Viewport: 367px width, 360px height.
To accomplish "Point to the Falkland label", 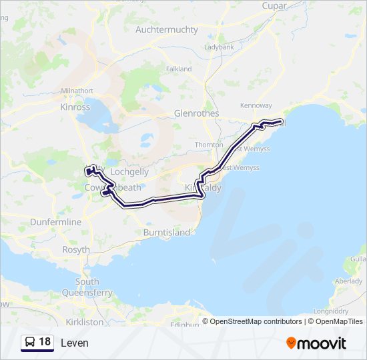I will pos(178,69).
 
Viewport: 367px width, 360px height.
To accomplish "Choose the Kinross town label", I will pos(75,107).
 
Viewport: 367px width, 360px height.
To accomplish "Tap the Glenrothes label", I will pos(196,113).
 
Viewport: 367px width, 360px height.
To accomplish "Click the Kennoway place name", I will pos(256,105).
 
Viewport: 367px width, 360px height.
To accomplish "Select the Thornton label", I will pos(209,145).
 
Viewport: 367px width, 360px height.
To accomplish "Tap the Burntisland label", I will pos(162,233).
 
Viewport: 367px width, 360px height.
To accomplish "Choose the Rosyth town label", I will pos(75,250).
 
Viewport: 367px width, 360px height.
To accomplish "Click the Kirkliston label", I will pos(85,321).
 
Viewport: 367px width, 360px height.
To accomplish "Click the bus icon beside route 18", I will pos(31,342).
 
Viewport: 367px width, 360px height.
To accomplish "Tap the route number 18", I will pos(45,342).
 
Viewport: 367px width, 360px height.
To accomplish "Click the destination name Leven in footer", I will pos(74,343).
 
